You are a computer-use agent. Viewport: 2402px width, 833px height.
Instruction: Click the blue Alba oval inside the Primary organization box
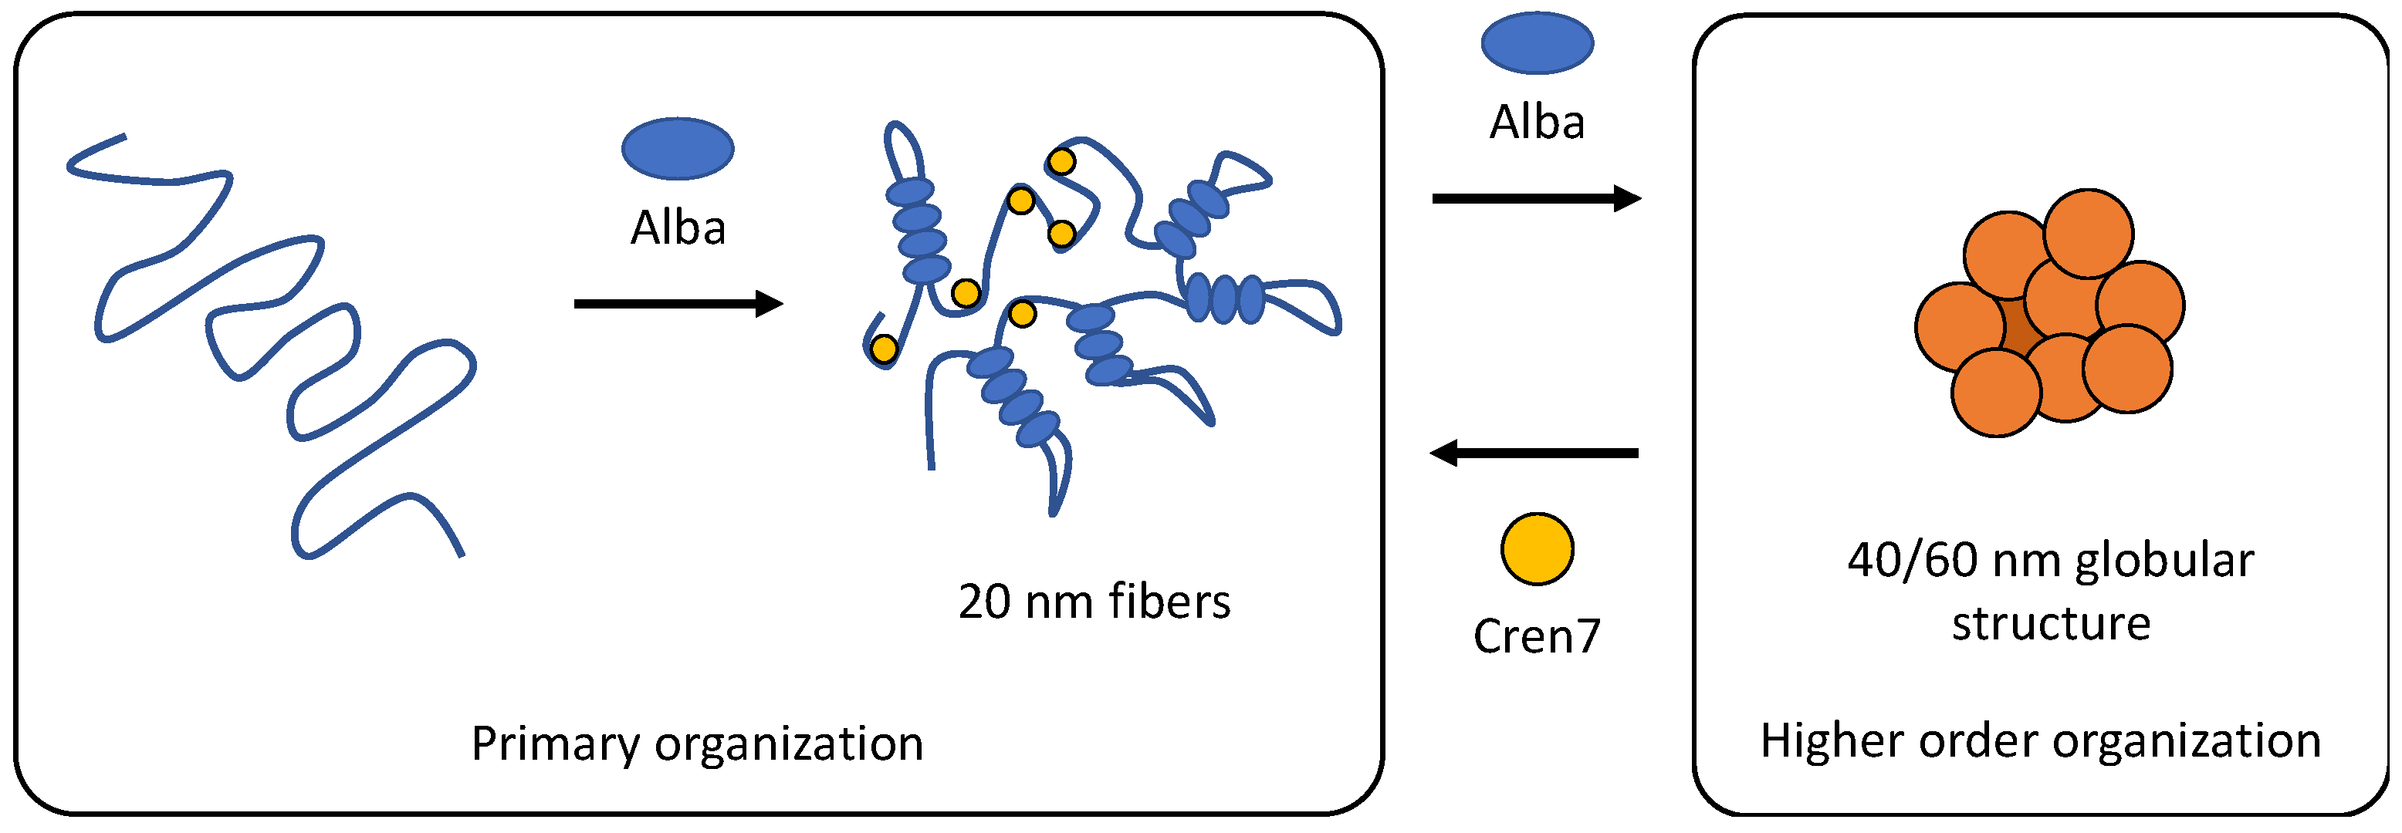(x=678, y=148)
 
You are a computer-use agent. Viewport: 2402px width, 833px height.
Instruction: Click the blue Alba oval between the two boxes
(x=1537, y=43)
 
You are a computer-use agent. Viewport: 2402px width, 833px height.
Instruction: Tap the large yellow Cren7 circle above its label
(x=1537, y=549)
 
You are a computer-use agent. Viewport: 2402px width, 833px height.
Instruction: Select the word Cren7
(x=1537, y=636)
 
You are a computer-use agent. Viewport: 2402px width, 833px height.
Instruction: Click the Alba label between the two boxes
(x=1537, y=122)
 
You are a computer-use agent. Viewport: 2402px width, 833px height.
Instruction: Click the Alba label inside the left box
(x=678, y=228)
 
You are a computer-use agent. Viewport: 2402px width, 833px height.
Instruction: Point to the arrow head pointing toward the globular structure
(x=1628, y=198)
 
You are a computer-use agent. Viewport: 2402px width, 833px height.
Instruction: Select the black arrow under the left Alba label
(x=678, y=304)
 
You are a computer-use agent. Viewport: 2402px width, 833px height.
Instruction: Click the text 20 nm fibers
(x=1094, y=601)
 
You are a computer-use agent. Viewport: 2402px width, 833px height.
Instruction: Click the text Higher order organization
(x=2040, y=740)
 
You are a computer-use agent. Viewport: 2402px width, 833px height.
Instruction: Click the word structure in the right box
(x=2051, y=622)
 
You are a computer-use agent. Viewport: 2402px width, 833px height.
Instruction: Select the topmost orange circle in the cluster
(x=2088, y=234)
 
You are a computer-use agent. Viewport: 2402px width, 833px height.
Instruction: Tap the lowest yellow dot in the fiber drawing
(x=883, y=349)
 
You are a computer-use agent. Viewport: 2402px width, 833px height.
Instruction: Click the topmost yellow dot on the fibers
(x=1061, y=162)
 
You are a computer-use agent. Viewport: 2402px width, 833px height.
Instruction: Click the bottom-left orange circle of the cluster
(x=1996, y=393)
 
